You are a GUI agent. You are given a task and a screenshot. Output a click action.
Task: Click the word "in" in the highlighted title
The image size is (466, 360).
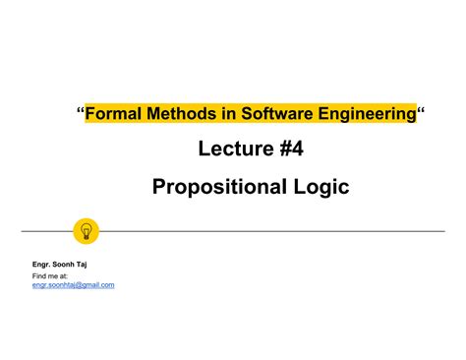230,115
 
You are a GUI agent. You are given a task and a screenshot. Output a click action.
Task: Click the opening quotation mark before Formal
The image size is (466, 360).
81,112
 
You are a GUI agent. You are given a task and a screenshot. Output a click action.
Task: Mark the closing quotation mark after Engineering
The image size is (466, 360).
422,112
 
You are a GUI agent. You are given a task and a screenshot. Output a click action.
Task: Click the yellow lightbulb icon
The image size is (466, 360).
87,231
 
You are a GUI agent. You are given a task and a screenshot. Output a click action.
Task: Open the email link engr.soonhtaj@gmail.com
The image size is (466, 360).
74,285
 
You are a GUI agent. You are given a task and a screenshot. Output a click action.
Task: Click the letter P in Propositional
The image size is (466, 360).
159,186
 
